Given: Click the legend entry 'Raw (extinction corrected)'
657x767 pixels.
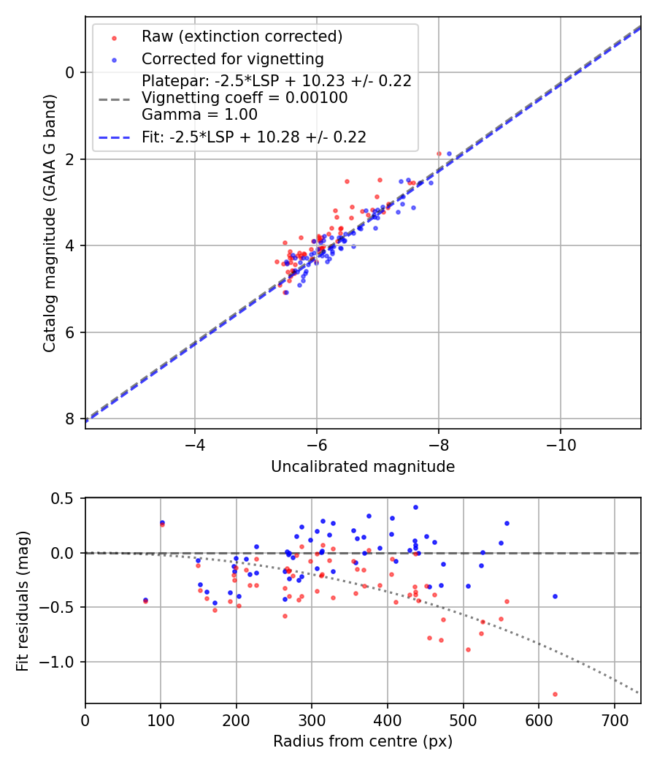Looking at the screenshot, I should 242,37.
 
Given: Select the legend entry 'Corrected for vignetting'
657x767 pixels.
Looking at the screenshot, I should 232,58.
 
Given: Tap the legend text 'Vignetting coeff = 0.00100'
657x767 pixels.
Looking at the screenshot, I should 245,98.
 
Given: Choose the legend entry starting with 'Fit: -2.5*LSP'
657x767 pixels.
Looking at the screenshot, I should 253,137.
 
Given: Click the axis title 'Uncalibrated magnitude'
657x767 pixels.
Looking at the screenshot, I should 363,467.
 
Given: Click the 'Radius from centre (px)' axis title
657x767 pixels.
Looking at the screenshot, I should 363,741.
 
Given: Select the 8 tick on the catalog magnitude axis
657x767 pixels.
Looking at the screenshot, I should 69,419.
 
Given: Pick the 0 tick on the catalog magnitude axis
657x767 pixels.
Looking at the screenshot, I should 69,72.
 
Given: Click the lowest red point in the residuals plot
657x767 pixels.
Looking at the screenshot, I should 555,694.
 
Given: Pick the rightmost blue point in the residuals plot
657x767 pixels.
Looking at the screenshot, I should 555,596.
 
